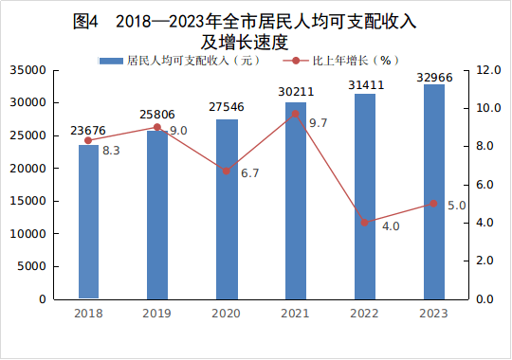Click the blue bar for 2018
[88, 222]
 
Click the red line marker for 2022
[365, 223]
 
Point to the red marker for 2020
[227, 171]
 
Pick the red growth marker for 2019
[157, 127]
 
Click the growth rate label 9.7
[318, 123]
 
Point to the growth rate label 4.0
[390, 226]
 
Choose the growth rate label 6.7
[250, 174]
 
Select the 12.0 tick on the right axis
[488, 70]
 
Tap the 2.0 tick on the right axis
[485, 261]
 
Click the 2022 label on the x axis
[365, 314]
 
